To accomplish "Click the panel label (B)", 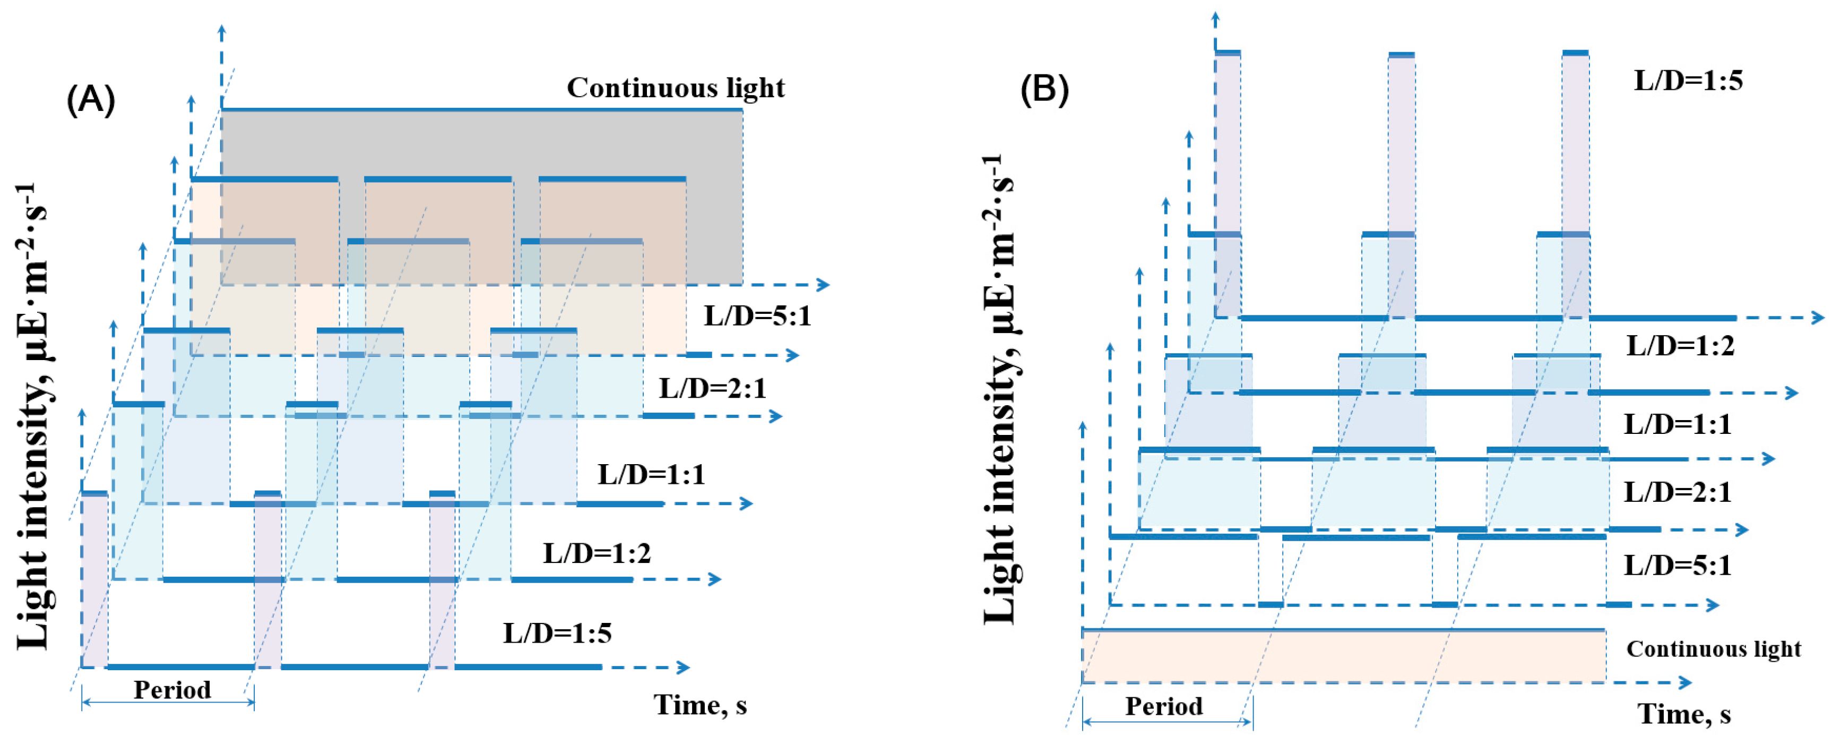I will pyautogui.click(x=1044, y=90).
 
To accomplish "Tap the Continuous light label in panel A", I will pyautogui.click(x=676, y=88).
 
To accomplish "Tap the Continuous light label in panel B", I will pyautogui.click(x=1713, y=649).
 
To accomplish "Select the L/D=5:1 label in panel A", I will pyautogui.click(x=757, y=315).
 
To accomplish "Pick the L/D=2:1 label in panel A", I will pyautogui.click(x=713, y=389).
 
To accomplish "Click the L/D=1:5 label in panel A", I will pyautogui.click(x=558, y=633).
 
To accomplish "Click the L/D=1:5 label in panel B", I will pyautogui.click(x=1688, y=80).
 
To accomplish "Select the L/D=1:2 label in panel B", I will pyautogui.click(x=1680, y=346).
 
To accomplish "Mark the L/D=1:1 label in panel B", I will pyautogui.click(x=1677, y=424).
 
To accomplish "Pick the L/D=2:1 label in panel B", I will pyautogui.click(x=1677, y=492).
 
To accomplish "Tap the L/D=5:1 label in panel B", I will pyautogui.click(x=1677, y=565).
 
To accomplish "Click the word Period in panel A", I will pyautogui.click(x=172, y=689).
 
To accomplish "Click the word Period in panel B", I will pyautogui.click(x=1163, y=706).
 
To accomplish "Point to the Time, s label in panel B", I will pyautogui.click(x=1683, y=713).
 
